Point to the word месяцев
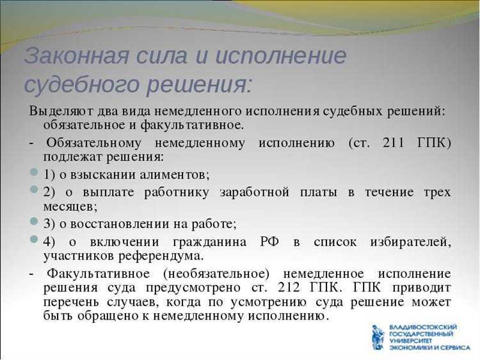pos(68,207)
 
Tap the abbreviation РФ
pos(269,241)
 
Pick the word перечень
pos(70,302)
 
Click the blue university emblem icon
pos(378,338)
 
